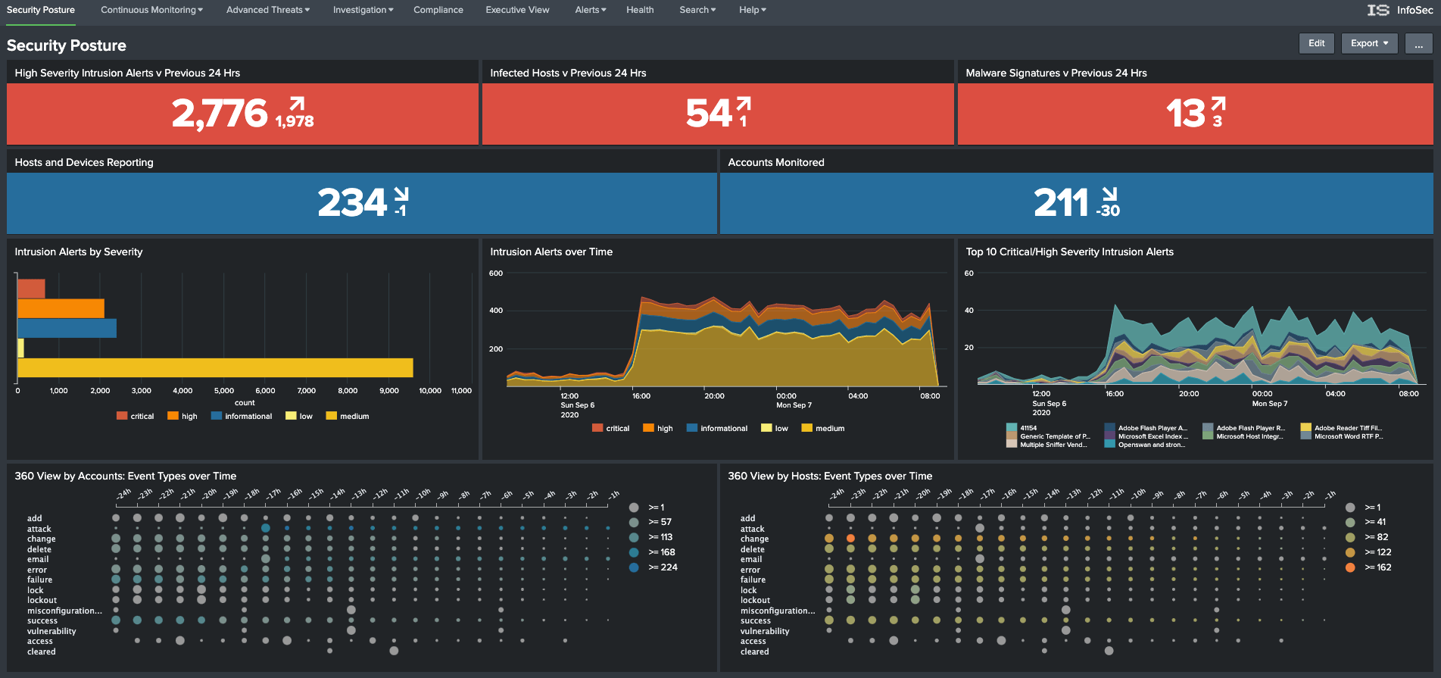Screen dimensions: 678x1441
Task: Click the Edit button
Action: tap(1316, 43)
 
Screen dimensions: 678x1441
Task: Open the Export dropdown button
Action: tap(1369, 43)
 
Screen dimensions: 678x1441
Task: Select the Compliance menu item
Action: tap(438, 10)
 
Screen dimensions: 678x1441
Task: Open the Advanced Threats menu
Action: tap(267, 10)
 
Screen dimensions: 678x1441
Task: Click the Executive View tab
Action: tap(517, 10)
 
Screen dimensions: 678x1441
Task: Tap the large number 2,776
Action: tap(220, 114)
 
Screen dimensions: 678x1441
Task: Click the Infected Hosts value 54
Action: tap(708, 114)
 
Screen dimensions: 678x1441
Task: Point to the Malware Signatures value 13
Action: tap(1184, 114)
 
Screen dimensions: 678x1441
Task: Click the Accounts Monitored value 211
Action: tap(1060, 203)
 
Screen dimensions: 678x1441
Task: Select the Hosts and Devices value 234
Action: tap(352, 203)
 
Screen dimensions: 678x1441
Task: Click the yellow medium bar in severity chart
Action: tap(215, 368)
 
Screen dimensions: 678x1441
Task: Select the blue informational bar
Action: tap(67, 328)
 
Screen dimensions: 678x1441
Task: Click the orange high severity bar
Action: tap(61, 308)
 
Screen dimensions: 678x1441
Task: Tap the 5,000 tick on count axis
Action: tap(224, 391)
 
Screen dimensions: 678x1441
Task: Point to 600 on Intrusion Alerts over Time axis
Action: tap(496, 273)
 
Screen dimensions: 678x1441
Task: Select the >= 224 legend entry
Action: tap(662, 567)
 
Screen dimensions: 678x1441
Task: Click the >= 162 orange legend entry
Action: tap(1377, 567)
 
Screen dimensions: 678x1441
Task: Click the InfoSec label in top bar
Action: tap(1414, 10)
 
